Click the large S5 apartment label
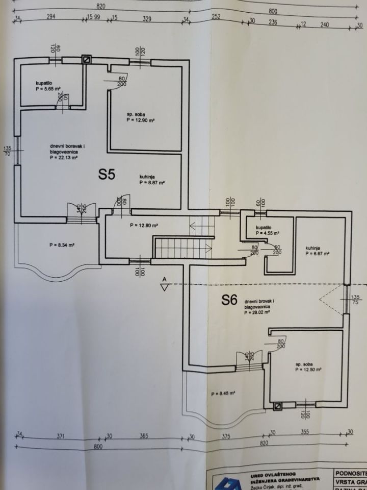[x=107, y=175]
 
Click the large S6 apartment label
[x=229, y=301]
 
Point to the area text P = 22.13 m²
[x=64, y=158]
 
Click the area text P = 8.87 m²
[x=151, y=182]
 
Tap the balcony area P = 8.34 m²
[x=63, y=245]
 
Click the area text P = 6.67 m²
[x=317, y=253]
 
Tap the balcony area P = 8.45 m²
[x=223, y=393]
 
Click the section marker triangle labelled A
[x=164, y=286]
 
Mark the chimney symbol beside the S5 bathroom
[x=87, y=60]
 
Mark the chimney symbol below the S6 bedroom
[x=278, y=406]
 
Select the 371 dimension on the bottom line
[x=61, y=436]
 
